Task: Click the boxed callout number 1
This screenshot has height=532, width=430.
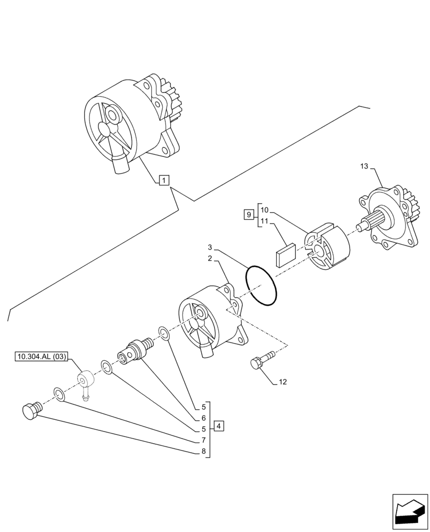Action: coord(164,181)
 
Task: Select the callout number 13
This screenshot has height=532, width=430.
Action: coord(363,168)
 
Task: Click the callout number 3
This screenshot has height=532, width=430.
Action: coord(210,248)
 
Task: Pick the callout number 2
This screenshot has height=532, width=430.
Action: coord(210,259)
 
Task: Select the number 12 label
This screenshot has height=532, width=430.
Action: coord(283,382)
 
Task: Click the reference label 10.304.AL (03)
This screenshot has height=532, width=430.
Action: coord(40,357)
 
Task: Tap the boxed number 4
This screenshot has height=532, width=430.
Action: coord(220,426)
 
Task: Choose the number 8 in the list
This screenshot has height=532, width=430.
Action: coord(203,452)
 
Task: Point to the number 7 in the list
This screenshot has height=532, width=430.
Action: coord(203,440)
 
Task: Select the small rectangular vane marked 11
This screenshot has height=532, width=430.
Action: coord(285,254)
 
